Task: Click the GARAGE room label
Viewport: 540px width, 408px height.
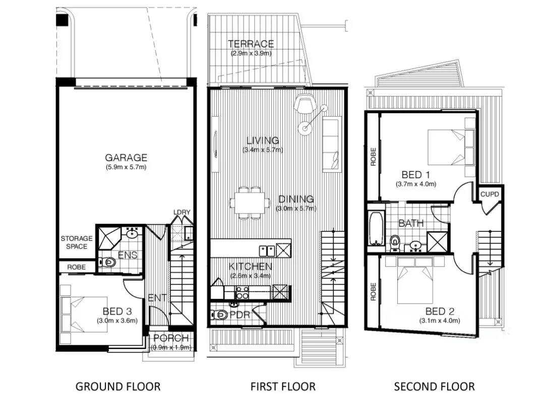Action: click(x=126, y=157)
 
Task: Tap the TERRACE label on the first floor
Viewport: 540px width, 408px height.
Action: click(x=251, y=44)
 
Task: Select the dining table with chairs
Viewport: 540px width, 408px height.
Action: click(x=250, y=203)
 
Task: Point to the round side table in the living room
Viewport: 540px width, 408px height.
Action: click(x=305, y=128)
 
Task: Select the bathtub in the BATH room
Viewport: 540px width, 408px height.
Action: click(x=375, y=229)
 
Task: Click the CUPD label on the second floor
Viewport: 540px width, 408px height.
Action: click(x=490, y=194)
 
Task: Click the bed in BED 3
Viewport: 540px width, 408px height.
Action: click(x=83, y=314)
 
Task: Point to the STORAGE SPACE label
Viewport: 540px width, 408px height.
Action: click(x=77, y=242)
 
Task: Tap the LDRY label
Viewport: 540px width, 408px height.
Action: click(x=182, y=212)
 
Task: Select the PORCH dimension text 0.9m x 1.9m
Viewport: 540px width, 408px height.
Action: click(x=171, y=347)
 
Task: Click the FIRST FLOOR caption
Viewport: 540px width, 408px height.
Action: click(x=283, y=387)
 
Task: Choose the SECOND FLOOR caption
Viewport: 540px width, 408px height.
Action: click(x=434, y=387)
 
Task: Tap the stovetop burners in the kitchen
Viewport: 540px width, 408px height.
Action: click(x=241, y=291)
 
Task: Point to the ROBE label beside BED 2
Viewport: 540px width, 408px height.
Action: click(x=374, y=292)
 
